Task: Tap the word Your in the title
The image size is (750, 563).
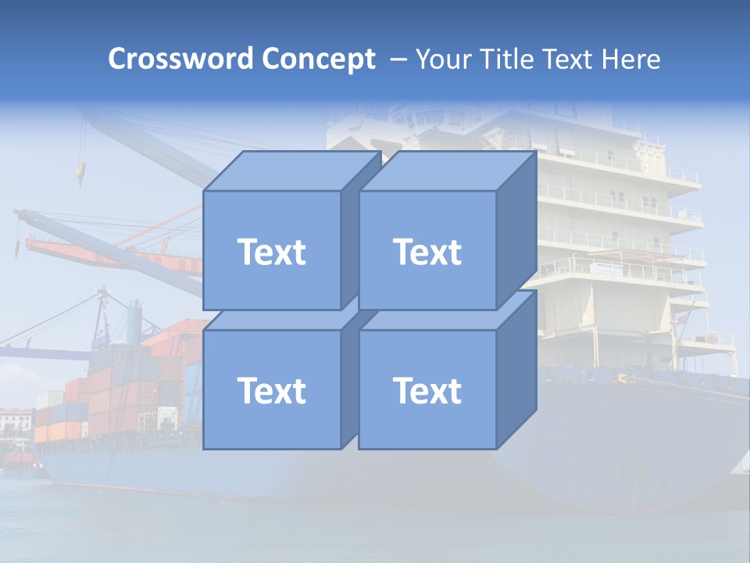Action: (x=445, y=59)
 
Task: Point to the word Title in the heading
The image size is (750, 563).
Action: (x=506, y=59)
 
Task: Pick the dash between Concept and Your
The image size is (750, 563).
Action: (x=397, y=59)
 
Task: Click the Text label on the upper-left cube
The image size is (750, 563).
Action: (x=271, y=252)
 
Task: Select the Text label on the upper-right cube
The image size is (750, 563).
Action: (x=427, y=252)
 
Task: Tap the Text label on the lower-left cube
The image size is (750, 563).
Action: (x=271, y=390)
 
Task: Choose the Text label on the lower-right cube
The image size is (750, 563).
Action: (x=427, y=390)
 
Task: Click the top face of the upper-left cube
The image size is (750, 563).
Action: (x=291, y=170)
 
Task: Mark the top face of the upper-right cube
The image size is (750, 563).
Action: (x=447, y=170)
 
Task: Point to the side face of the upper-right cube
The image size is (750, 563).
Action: (x=516, y=231)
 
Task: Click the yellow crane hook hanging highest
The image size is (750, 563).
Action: (x=79, y=172)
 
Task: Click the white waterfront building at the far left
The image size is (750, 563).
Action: (x=16, y=422)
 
